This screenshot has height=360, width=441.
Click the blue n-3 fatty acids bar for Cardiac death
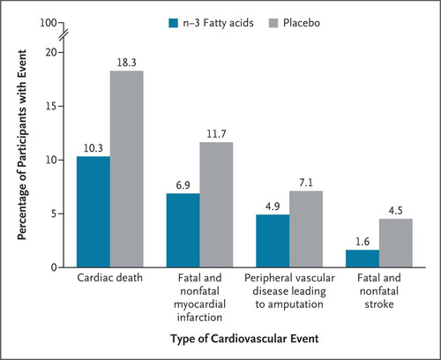pyautogui.click(x=93, y=212)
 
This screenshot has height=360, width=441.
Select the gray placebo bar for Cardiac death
pyautogui.click(x=127, y=169)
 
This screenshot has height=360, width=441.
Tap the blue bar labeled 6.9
pyautogui.click(x=183, y=230)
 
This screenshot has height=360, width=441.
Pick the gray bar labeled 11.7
pyautogui.click(x=216, y=205)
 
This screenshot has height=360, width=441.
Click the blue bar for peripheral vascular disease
pyautogui.click(x=273, y=241)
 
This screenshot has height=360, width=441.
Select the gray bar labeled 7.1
pyautogui.click(x=306, y=229)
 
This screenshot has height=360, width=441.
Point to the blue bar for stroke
pyautogui.click(x=363, y=259)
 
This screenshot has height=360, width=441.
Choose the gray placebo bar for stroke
pyautogui.click(x=396, y=243)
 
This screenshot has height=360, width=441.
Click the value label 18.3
pyautogui.click(x=127, y=63)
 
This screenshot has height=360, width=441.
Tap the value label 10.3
pyautogui.click(x=93, y=148)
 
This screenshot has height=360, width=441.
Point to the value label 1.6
pyautogui.click(x=363, y=242)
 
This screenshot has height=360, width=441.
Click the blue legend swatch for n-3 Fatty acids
pyautogui.click(x=174, y=23)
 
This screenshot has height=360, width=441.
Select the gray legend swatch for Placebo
pyautogui.click(x=273, y=23)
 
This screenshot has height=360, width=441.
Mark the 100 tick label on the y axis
pyautogui.click(x=49, y=23)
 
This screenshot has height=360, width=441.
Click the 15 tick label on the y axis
pyautogui.click(x=51, y=106)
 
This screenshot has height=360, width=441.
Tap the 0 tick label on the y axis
pyautogui.click(x=54, y=267)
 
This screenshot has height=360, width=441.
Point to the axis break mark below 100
pyautogui.click(x=64, y=35)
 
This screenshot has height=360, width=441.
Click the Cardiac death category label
pyautogui.click(x=109, y=278)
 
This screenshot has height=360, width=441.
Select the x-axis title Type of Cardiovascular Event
pyautogui.click(x=244, y=339)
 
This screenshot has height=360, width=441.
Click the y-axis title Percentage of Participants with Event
pyautogui.click(x=22, y=145)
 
